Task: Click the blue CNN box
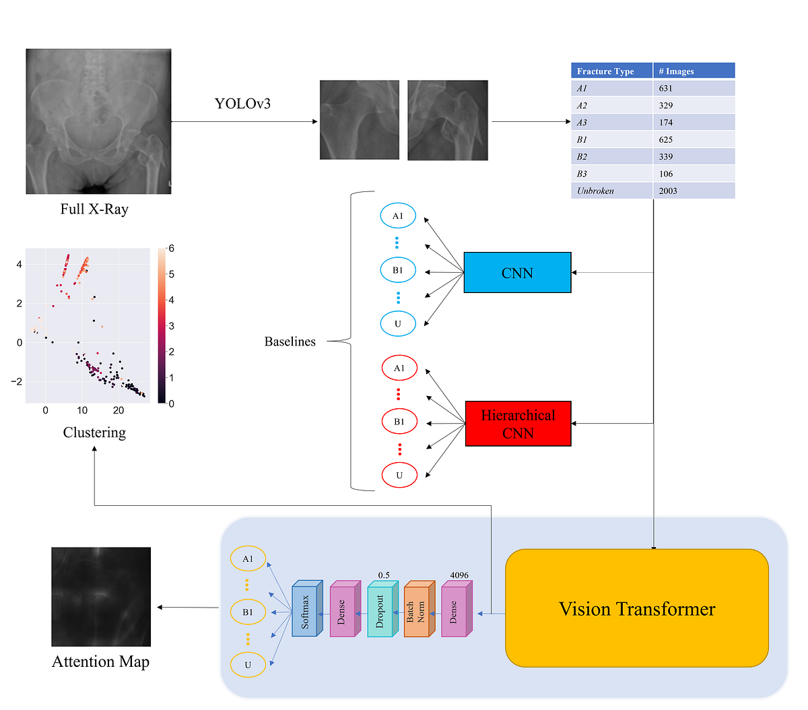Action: [x=517, y=273]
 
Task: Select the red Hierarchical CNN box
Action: [x=518, y=424]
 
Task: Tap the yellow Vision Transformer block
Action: [x=636, y=608]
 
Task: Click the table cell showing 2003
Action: [x=694, y=191]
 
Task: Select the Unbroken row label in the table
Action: [x=596, y=191]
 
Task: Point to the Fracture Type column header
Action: [x=606, y=71]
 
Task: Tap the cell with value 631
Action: [x=694, y=88]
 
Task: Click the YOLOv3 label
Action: [x=242, y=104]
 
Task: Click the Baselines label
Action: [x=290, y=342]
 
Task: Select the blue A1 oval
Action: [x=398, y=216]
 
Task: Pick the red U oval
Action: [x=399, y=475]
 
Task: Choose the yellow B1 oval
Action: [x=248, y=612]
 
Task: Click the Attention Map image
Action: [x=101, y=596]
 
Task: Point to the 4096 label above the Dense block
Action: [x=459, y=575]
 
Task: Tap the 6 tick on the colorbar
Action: [x=172, y=249]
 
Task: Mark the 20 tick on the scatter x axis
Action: [x=119, y=410]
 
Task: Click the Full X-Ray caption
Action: [x=94, y=209]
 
